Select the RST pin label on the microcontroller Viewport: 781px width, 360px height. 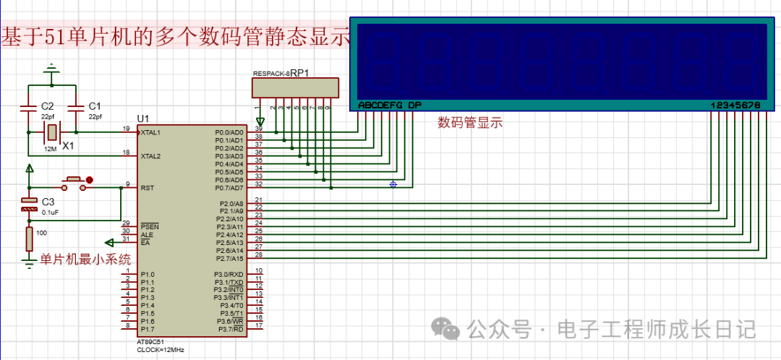tap(148, 188)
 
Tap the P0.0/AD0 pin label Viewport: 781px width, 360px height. tap(229, 133)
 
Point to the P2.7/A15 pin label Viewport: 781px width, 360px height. tap(229, 258)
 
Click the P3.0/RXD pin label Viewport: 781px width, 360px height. tap(229, 274)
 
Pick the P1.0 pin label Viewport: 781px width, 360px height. tap(148, 275)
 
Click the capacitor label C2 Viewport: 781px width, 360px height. tap(48, 106)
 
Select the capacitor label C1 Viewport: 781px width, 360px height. tap(95, 106)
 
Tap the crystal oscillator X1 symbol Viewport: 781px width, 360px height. tap(51, 132)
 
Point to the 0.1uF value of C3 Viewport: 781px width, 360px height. tap(51, 213)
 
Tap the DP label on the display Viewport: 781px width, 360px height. tap(414, 106)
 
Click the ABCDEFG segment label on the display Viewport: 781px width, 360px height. tap(380, 106)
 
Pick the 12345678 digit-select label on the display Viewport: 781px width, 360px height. tap(735, 106)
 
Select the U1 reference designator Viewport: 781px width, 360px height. tap(143, 119)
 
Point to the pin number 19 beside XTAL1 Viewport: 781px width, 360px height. tap(126, 129)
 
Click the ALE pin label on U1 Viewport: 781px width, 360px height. tap(147, 234)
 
